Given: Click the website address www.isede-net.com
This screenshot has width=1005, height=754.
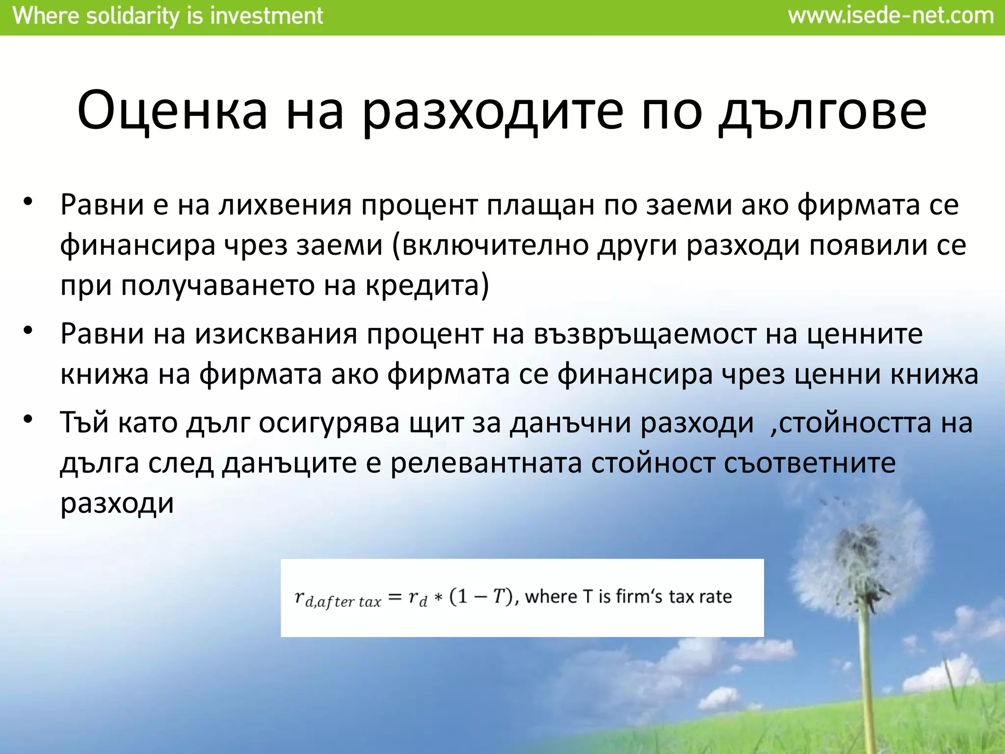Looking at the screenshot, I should (x=891, y=16).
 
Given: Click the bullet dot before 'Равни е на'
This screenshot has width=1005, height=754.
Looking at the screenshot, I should (x=28, y=202).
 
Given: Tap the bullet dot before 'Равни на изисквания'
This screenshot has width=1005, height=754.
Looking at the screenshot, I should (x=28, y=331).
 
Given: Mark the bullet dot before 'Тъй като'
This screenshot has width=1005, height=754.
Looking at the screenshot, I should (x=28, y=420).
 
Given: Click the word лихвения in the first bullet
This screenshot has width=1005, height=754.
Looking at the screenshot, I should (x=285, y=205).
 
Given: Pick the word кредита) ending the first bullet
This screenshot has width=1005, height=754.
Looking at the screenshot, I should (x=427, y=285).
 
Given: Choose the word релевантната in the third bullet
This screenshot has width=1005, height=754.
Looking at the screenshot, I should (x=486, y=463).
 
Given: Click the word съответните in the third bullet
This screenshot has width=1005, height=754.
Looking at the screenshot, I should (x=810, y=463).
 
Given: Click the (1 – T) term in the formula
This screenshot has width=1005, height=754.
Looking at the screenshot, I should (x=481, y=596).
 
